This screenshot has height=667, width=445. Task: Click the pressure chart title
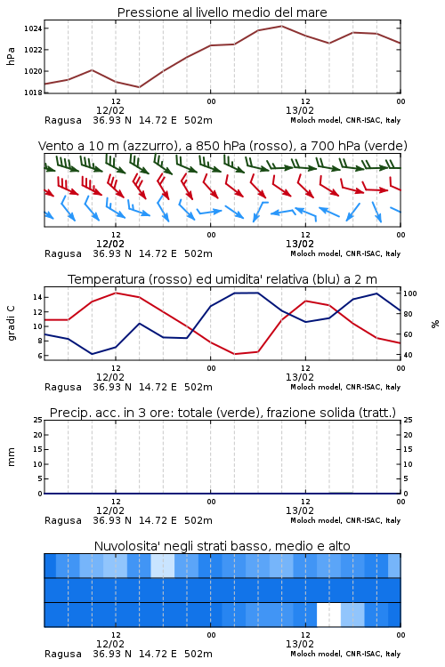tap(222, 12)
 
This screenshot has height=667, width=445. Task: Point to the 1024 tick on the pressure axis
tap(33, 28)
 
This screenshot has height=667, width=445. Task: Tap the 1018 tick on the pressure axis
tap(33, 92)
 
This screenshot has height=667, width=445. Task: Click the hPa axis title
tap(11, 56)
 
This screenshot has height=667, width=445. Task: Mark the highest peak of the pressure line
tap(281, 26)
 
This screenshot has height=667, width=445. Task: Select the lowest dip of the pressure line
tap(139, 87)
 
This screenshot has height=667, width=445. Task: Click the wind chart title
tap(222, 146)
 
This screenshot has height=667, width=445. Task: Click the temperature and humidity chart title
tap(222, 279)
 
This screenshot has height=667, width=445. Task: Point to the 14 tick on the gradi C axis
tap(37, 297)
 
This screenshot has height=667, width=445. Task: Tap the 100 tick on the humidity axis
tap(410, 293)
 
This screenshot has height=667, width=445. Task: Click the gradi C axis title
tap(11, 324)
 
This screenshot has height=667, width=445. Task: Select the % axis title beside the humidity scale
tap(435, 324)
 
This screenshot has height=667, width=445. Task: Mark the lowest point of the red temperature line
tap(235, 354)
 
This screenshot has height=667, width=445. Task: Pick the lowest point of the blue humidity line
tap(92, 354)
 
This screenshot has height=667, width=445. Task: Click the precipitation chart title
tap(222, 413)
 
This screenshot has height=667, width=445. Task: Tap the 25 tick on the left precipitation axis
tap(38, 420)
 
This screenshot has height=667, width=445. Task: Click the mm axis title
tap(11, 457)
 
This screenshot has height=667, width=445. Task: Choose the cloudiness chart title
tap(222, 546)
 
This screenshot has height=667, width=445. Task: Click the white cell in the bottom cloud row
tap(328, 615)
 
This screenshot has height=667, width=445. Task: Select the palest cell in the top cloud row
tap(163, 566)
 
